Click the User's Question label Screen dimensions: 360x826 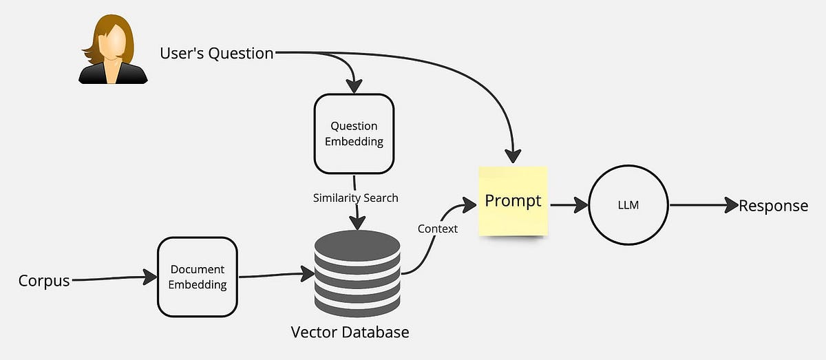pyautogui.click(x=217, y=53)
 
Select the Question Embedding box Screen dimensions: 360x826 pyautogui.click(x=354, y=134)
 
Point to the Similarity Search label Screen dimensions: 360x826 pyautogui.click(x=356, y=198)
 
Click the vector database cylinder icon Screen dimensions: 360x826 pyautogui.click(x=357, y=271)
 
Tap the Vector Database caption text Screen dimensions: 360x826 pyautogui.click(x=350, y=332)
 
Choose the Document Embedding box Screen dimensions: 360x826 pyautogui.click(x=198, y=276)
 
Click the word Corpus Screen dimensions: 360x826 pyautogui.click(x=44, y=281)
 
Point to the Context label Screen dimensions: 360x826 pyautogui.click(x=437, y=229)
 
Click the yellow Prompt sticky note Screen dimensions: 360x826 pyautogui.click(x=513, y=201)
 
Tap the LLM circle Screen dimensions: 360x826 pyautogui.click(x=628, y=205)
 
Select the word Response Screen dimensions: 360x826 pyautogui.click(x=773, y=205)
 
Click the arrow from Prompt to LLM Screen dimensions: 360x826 pyautogui.click(x=569, y=204)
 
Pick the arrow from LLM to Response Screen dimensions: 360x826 pyautogui.click(x=702, y=205)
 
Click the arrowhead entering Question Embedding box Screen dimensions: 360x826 pyautogui.click(x=354, y=86)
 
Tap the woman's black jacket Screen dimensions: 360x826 pyautogui.click(x=114, y=74)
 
